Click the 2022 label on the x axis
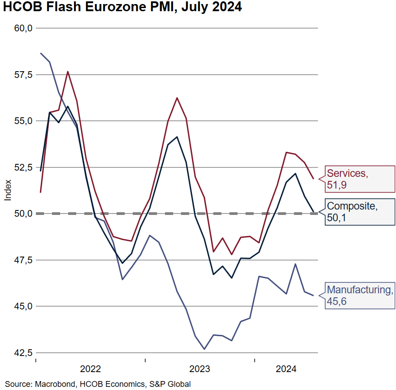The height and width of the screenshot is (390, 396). click(x=90, y=369)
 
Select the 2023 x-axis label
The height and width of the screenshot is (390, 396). click(x=200, y=369)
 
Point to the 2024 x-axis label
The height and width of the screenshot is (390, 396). click(x=286, y=369)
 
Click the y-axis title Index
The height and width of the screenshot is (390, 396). click(x=8, y=190)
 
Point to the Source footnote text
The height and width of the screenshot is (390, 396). click(x=98, y=384)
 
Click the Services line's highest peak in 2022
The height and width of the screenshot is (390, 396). click(x=68, y=72)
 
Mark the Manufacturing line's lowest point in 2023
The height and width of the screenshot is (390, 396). click(x=205, y=349)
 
